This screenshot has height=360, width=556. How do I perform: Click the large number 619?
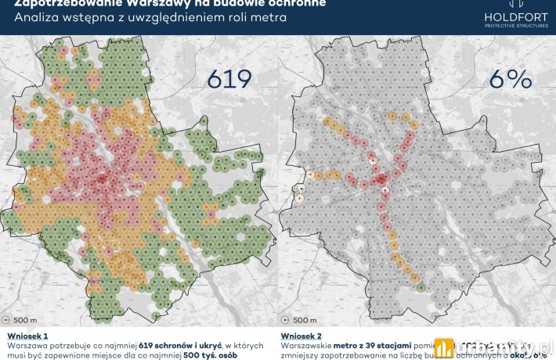(x=229, y=80)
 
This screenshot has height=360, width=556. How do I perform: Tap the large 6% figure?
(x=509, y=80)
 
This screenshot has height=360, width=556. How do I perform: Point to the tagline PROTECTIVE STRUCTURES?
(x=517, y=26)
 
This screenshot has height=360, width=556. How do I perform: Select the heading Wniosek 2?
(x=304, y=335)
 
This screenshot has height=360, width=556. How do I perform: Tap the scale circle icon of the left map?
(x=9, y=319)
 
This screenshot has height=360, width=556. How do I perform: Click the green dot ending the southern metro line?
(x=421, y=287)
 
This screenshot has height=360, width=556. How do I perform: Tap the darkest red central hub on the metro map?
(x=381, y=180)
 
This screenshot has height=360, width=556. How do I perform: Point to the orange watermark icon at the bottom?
(x=445, y=347)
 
